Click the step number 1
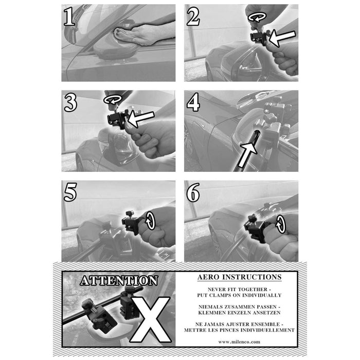(69, 16)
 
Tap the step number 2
(193, 16)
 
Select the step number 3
(70, 103)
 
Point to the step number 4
(193, 103)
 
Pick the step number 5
(70, 192)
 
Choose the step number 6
(193, 192)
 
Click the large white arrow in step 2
(282, 38)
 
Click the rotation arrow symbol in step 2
(257, 17)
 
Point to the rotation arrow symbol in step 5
(150, 221)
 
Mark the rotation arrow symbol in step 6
(280, 224)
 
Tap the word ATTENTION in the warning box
(119, 281)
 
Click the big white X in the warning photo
(150, 319)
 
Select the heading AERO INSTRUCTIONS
(239, 277)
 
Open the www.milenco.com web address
(239, 342)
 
